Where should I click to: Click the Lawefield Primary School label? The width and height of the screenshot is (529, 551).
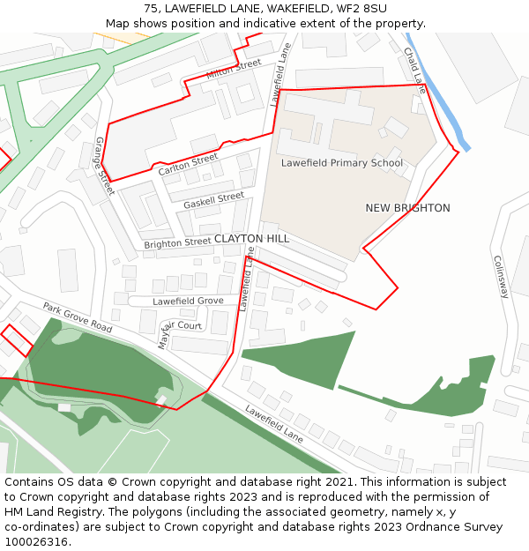(342, 163)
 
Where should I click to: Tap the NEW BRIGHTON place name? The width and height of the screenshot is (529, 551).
(407, 208)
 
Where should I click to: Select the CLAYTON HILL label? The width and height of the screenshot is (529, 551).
(251, 239)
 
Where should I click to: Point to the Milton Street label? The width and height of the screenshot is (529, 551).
(234, 69)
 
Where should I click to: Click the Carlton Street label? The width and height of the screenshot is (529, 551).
(188, 164)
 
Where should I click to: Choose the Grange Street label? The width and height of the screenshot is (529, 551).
(104, 166)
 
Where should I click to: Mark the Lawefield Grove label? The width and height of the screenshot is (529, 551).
(188, 301)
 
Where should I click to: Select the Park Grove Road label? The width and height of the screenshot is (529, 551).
(78, 317)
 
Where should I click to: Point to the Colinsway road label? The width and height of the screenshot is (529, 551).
(501, 277)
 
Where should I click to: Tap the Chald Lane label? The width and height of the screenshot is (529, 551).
(414, 71)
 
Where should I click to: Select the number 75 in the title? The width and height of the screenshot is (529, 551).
(151, 8)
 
